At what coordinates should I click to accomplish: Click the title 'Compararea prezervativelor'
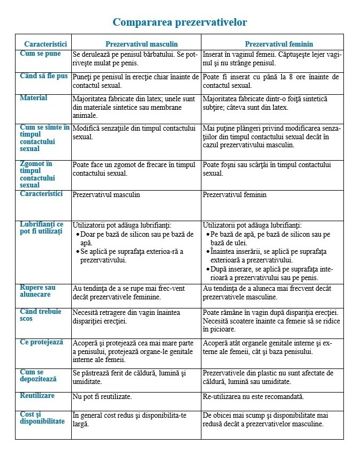(179, 22)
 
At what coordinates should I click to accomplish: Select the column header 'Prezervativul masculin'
(141, 44)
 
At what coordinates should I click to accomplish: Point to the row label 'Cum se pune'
(40, 54)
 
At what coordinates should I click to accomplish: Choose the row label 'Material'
(34, 98)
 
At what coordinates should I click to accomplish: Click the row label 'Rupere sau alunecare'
(37, 291)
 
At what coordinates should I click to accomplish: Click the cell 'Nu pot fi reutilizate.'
(102, 397)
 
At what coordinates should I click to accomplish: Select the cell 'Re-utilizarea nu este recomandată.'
(253, 397)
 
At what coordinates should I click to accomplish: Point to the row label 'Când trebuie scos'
(41, 315)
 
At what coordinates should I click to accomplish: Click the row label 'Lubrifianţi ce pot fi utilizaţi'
(42, 228)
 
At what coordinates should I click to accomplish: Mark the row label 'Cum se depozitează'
(39, 375)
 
